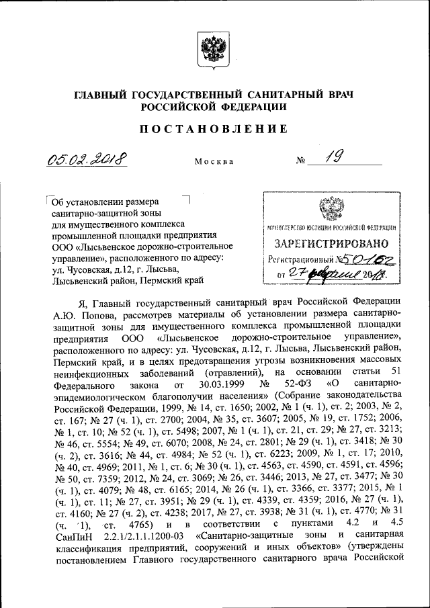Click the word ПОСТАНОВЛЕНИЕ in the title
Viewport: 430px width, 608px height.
[214, 128]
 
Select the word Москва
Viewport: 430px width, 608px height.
[214, 162]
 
